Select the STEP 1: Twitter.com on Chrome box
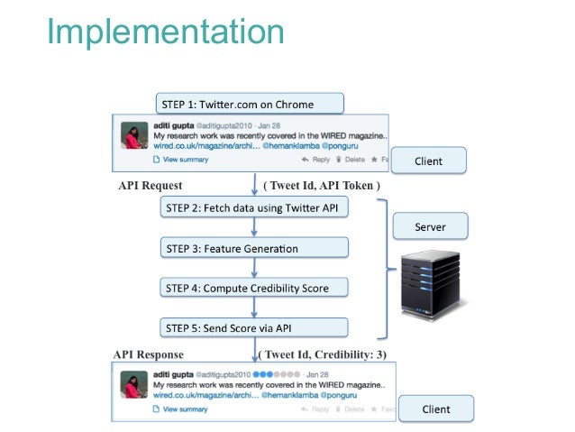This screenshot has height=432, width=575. [250, 104]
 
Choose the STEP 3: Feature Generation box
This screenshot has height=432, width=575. [256, 248]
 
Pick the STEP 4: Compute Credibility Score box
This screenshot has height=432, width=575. [256, 288]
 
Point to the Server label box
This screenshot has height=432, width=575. [430, 227]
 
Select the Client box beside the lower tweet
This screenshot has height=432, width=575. [435, 409]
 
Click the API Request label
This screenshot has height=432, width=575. [151, 186]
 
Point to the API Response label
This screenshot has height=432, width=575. [149, 354]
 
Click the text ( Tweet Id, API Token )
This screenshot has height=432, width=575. [322, 186]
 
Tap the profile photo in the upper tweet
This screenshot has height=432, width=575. [134, 138]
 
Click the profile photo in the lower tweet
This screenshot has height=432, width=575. [134, 385]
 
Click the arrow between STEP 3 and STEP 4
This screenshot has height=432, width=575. [256, 268]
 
